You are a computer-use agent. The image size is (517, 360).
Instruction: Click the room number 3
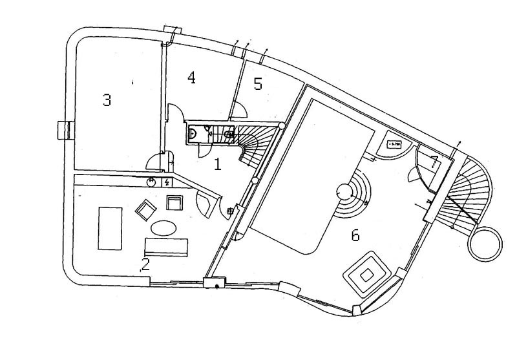point(107,100)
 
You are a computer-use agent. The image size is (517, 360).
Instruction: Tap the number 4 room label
point(191,78)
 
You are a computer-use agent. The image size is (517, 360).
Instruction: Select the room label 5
point(258,84)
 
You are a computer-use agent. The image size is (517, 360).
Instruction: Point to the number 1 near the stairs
point(218,164)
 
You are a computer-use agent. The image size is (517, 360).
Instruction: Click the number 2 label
point(146,264)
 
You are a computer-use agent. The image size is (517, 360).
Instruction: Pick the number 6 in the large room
point(355,236)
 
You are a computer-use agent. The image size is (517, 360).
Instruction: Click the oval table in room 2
point(163,228)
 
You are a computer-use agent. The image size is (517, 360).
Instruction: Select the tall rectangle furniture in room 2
point(111,228)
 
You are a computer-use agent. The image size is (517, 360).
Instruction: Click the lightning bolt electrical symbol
point(167,182)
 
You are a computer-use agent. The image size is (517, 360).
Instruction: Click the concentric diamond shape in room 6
point(365,275)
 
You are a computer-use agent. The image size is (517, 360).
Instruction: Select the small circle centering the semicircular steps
point(343,191)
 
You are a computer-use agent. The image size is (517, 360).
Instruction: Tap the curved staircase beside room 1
point(253,145)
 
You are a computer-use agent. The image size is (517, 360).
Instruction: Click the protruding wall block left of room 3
point(63,130)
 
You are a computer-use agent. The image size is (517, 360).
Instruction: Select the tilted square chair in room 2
point(146,209)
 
